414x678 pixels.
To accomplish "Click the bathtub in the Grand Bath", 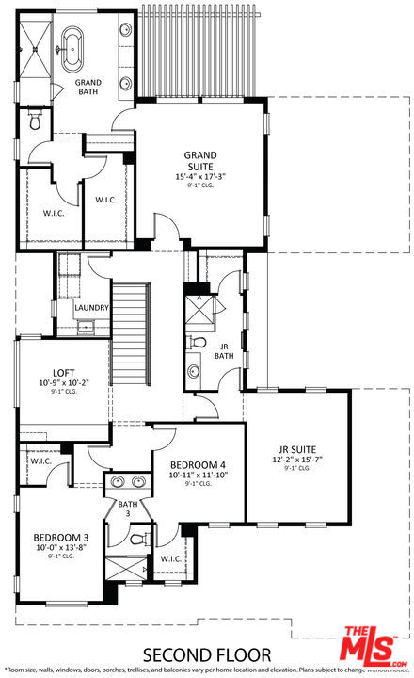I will [72, 47].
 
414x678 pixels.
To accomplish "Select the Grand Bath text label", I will [88, 88].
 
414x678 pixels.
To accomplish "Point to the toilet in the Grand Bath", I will [36, 121].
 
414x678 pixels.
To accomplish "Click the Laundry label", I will [92, 308].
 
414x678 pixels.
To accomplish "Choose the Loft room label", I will [63, 372].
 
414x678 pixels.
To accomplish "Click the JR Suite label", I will [296, 449].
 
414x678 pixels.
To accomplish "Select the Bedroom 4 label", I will [198, 464].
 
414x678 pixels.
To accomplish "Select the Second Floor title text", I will [206, 654].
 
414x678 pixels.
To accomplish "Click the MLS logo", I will [376, 645].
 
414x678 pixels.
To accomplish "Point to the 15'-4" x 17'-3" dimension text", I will [200, 176].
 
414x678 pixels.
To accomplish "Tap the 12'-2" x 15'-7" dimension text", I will [296, 460].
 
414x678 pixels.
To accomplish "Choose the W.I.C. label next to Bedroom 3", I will [40, 461].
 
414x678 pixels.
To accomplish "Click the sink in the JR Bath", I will [194, 370].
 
